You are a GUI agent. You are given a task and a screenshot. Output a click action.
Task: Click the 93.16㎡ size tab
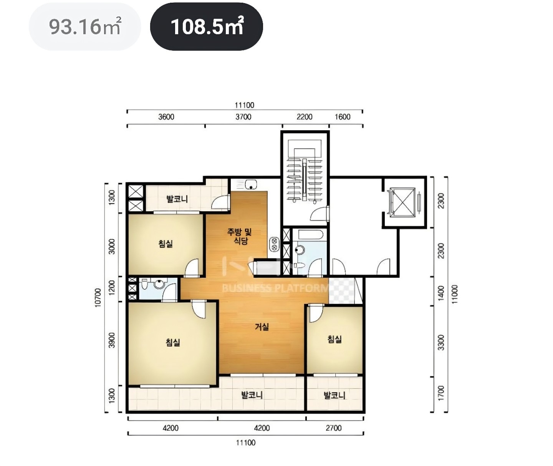point(85,27)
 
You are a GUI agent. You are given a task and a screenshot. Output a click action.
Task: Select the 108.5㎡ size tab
point(206,27)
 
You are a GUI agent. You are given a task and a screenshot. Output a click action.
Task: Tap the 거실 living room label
point(262,327)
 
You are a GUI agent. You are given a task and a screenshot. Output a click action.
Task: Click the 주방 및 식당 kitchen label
point(239,236)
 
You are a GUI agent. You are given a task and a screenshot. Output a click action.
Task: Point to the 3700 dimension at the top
point(243,117)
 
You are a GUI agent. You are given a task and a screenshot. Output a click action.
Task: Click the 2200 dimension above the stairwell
point(304,117)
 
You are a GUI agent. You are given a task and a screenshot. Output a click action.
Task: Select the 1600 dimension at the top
point(343,117)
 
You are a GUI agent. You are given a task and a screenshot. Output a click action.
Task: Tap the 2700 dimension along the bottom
point(333,428)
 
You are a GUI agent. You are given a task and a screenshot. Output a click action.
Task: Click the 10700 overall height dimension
point(98,298)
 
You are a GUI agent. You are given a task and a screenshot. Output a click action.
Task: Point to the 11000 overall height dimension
point(454,294)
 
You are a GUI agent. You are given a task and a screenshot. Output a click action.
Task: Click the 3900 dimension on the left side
point(112,340)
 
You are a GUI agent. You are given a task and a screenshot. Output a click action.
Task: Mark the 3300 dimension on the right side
point(441,343)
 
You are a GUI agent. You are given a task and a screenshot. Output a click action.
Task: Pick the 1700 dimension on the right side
point(441,393)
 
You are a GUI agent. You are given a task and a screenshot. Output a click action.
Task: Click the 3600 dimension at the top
point(166,117)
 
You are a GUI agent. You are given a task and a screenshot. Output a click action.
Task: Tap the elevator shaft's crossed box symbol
point(402,202)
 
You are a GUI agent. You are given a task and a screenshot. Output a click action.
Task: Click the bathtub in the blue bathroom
point(310,235)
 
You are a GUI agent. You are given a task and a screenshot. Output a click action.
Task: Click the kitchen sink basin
point(251,185)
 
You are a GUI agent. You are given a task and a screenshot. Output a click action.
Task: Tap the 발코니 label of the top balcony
point(177,199)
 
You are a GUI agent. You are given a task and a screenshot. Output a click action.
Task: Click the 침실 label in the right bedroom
point(334,339)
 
